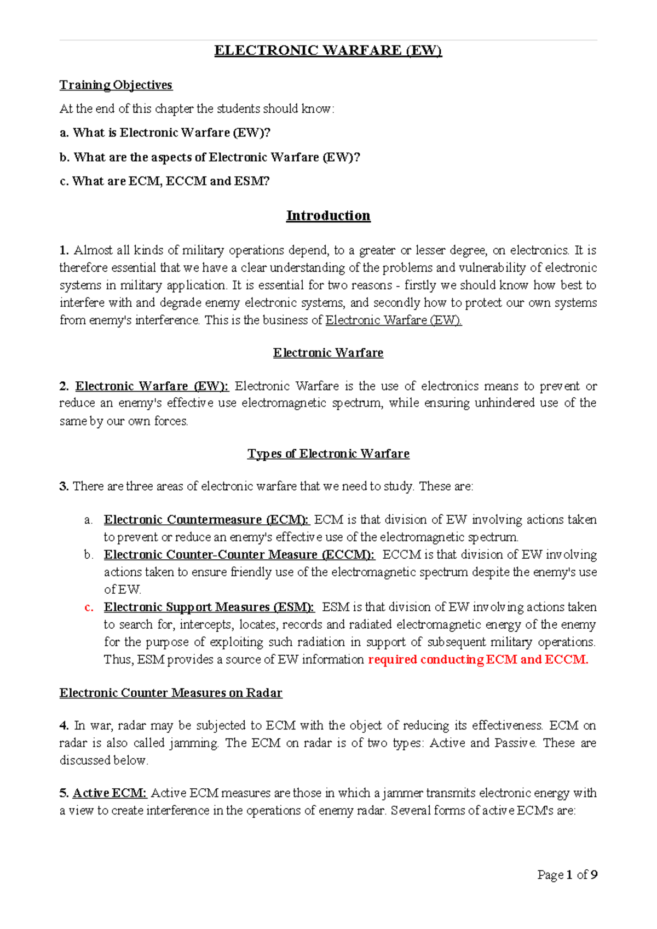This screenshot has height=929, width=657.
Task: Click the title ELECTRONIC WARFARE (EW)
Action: [x=328, y=50]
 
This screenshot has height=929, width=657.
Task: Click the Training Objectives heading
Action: [x=116, y=85]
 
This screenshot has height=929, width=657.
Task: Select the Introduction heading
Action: [x=328, y=215]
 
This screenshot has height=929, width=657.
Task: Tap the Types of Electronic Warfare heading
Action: [x=328, y=454]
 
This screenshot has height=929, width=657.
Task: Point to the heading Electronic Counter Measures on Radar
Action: [x=171, y=693]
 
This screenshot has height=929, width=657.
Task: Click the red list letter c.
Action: [x=89, y=607]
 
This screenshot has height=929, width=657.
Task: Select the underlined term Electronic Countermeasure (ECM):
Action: [x=206, y=519]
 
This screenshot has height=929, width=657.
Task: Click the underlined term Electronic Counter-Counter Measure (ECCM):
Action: [x=239, y=554]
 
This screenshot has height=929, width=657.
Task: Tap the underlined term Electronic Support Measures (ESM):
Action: [x=209, y=607]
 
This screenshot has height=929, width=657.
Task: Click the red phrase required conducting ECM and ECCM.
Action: [x=478, y=660]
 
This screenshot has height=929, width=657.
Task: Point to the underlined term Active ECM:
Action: [x=109, y=793]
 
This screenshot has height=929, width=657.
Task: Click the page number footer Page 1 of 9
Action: [x=567, y=875]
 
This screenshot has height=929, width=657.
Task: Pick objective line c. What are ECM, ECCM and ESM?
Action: [x=164, y=181]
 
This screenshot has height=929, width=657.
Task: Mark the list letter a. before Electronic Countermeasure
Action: [x=88, y=520]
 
